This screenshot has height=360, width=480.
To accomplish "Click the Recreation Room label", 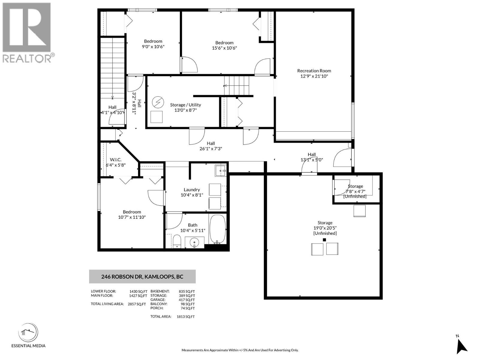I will click(314, 71).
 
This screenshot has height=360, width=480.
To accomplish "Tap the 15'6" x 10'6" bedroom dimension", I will click(224, 48).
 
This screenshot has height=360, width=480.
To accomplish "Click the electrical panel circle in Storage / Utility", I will click(157, 102).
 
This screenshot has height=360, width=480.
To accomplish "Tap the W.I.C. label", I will click(115, 160).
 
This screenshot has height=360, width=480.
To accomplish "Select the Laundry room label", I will click(192, 190).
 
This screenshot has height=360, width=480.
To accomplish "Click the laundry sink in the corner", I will click(221, 171).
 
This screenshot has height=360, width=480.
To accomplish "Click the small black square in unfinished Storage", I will click(324, 240).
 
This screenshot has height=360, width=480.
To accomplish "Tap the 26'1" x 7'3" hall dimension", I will click(211, 148).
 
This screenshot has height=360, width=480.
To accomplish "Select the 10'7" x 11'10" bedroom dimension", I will click(132, 217).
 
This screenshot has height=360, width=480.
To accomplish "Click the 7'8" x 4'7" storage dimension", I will click(355, 191).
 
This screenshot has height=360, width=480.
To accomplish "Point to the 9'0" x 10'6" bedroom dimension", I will click(153, 46).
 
